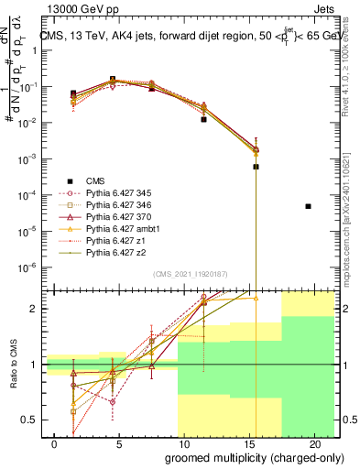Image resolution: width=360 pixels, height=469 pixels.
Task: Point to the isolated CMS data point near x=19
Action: tap(308, 206)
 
